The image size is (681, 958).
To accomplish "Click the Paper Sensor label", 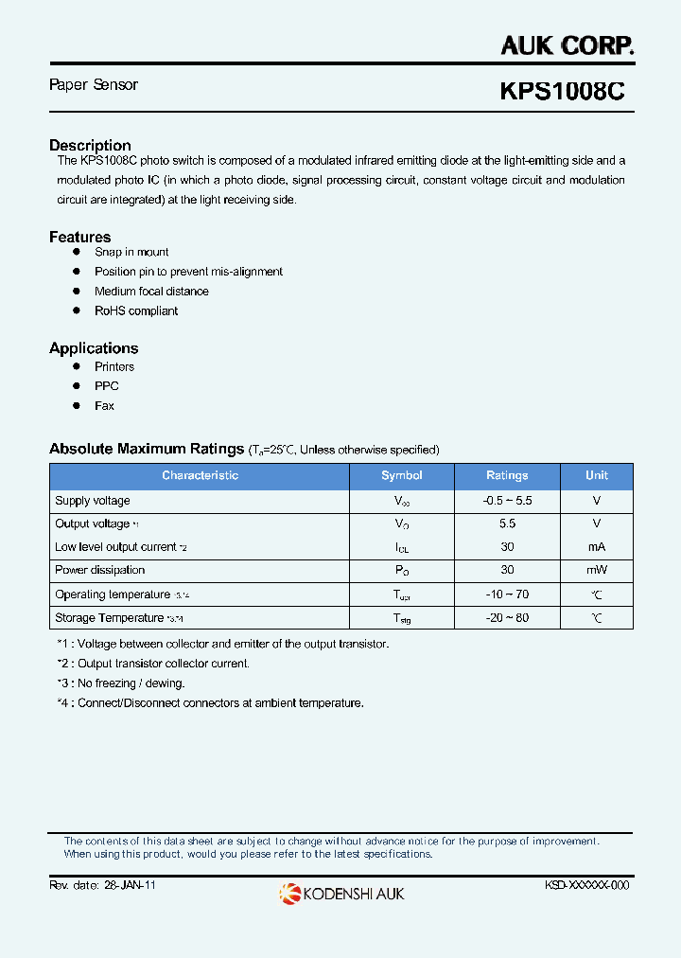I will click(x=93, y=85).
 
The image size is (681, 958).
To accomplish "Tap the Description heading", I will click(x=90, y=145).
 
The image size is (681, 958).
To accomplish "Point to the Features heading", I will click(x=79, y=237).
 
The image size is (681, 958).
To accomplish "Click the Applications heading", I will click(x=94, y=348).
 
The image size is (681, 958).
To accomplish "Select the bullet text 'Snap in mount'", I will click(x=131, y=252).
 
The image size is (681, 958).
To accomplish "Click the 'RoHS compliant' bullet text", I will click(x=136, y=310).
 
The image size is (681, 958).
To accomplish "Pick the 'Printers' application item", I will click(x=114, y=366).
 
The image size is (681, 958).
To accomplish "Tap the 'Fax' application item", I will click(x=104, y=405).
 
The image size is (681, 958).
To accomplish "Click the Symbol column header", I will click(x=402, y=475).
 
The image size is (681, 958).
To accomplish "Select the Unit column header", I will click(x=597, y=475).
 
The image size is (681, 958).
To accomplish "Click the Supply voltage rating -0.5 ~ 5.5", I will click(x=507, y=501).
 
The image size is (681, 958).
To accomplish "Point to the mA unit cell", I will click(x=596, y=547).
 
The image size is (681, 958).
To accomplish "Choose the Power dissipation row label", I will click(x=100, y=570).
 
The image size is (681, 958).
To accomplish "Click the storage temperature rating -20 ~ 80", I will click(x=507, y=618).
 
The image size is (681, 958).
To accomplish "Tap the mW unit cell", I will click(x=596, y=570).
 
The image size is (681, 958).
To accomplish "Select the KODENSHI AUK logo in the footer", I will click(x=341, y=893).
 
